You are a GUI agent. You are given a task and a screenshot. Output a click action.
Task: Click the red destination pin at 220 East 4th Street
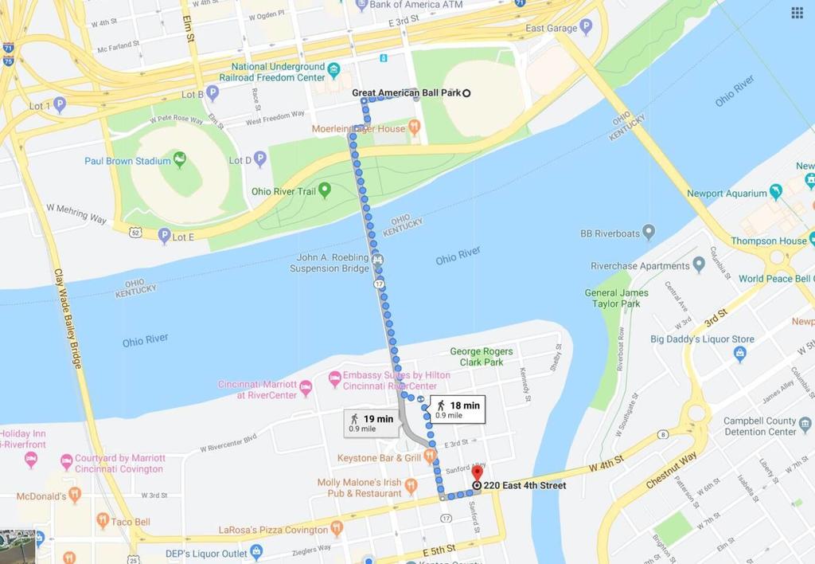coord(477,474)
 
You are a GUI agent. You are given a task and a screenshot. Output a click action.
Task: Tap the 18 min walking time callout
coord(457,409)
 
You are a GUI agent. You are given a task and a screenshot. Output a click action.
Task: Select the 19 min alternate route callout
coord(372,422)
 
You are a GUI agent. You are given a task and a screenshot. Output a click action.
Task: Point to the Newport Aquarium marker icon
coord(776,192)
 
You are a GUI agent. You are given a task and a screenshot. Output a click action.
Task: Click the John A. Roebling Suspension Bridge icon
coord(378,259)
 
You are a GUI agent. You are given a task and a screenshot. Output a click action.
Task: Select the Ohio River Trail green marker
coord(326,190)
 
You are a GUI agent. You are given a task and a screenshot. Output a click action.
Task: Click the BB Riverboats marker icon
coord(649,233)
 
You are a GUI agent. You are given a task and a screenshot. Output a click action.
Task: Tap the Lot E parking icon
coord(164,236)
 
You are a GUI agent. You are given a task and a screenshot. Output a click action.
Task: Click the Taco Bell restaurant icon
coord(103,521)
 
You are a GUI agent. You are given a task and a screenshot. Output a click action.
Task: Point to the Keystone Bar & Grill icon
coord(430,456)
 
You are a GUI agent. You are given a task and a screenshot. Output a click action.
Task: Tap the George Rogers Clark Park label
coord(482,356)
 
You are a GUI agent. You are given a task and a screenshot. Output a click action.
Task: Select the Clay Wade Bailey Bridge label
coord(67,318)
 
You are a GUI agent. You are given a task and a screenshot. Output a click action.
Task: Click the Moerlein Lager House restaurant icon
coord(414,127)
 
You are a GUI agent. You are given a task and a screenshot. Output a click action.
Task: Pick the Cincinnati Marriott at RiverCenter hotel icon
coord(306,389)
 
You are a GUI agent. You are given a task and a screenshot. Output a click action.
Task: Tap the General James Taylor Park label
coord(617,298)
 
